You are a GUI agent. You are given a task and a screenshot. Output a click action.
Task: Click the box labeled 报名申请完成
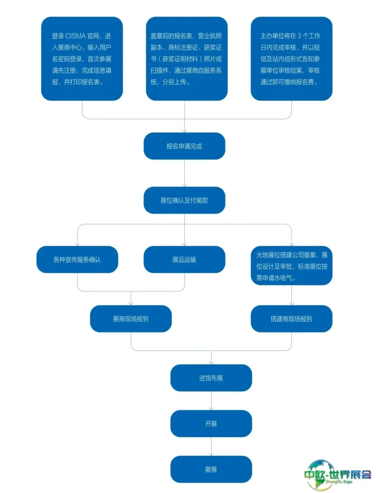(184, 146)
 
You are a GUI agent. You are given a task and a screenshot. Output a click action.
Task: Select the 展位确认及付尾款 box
(184, 200)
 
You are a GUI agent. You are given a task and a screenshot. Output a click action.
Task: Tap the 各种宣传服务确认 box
(77, 259)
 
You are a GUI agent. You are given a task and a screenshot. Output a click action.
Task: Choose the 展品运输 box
(184, 259)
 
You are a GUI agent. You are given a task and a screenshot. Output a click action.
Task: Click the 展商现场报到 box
(131, 319)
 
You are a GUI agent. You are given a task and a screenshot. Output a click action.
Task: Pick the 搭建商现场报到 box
(291, 319)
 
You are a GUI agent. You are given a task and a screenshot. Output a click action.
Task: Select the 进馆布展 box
(211, 378)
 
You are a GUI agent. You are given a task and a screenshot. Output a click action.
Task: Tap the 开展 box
(211, 423)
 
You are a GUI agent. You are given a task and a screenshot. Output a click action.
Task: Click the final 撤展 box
(211, 469)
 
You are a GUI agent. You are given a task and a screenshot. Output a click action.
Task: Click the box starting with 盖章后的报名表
(187, 59)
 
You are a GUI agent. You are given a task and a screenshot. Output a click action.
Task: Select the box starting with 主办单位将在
(291, 59)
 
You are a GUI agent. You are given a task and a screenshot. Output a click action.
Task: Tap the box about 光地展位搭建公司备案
(291, 266)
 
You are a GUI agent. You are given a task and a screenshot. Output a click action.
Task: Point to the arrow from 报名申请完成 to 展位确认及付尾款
(184, 173)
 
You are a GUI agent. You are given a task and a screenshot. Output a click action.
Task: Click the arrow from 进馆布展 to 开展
(211, 400)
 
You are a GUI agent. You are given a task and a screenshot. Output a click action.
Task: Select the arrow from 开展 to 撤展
(211, 446)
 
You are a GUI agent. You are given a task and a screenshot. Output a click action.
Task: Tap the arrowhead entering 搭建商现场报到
(291, 303)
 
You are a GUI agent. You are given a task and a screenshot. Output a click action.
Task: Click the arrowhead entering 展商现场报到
(131, 303)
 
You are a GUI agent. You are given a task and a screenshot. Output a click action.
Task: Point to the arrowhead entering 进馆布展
(211, 362)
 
